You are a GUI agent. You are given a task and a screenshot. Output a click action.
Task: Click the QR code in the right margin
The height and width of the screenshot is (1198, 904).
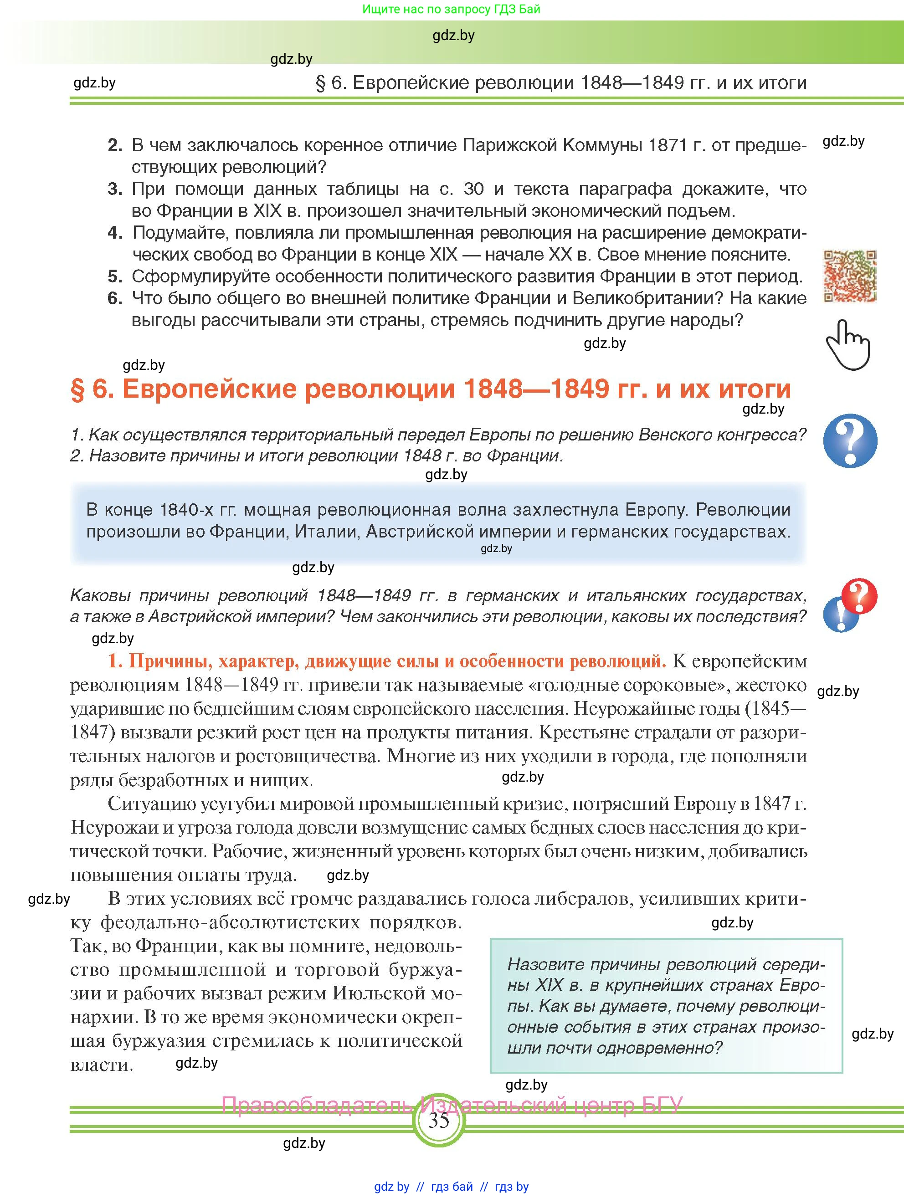(849, 276)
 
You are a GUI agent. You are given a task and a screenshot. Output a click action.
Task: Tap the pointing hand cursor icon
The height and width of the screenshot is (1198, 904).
(847, 344)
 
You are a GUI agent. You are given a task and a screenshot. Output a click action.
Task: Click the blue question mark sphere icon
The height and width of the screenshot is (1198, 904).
(850, 440)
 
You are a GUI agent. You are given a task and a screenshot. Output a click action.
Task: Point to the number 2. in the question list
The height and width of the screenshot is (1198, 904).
(115, 145)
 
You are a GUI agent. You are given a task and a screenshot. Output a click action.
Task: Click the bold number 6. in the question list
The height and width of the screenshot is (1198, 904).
(115, 298)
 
